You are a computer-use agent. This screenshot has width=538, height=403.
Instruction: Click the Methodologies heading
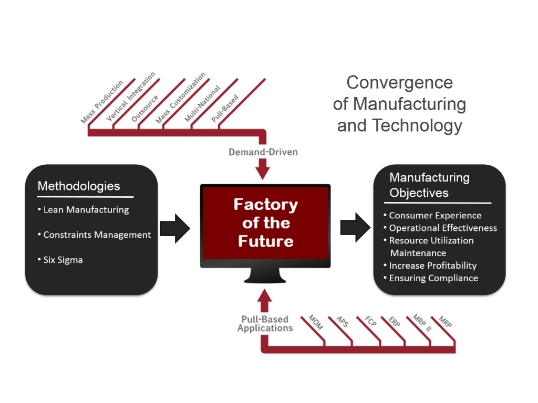[79, 186]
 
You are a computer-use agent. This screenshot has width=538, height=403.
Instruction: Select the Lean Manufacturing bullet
[86, 210]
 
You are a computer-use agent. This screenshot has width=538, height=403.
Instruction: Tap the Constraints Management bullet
[97, 235]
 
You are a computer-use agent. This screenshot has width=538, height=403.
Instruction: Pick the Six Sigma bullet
[63, 260]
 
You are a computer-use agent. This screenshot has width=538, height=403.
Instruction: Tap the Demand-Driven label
[263, 152]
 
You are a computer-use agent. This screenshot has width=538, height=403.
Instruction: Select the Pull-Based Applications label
[265, 324]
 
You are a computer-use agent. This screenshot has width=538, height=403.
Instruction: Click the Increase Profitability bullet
[432, 266]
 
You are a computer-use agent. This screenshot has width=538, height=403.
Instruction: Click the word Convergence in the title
[399, 82]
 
